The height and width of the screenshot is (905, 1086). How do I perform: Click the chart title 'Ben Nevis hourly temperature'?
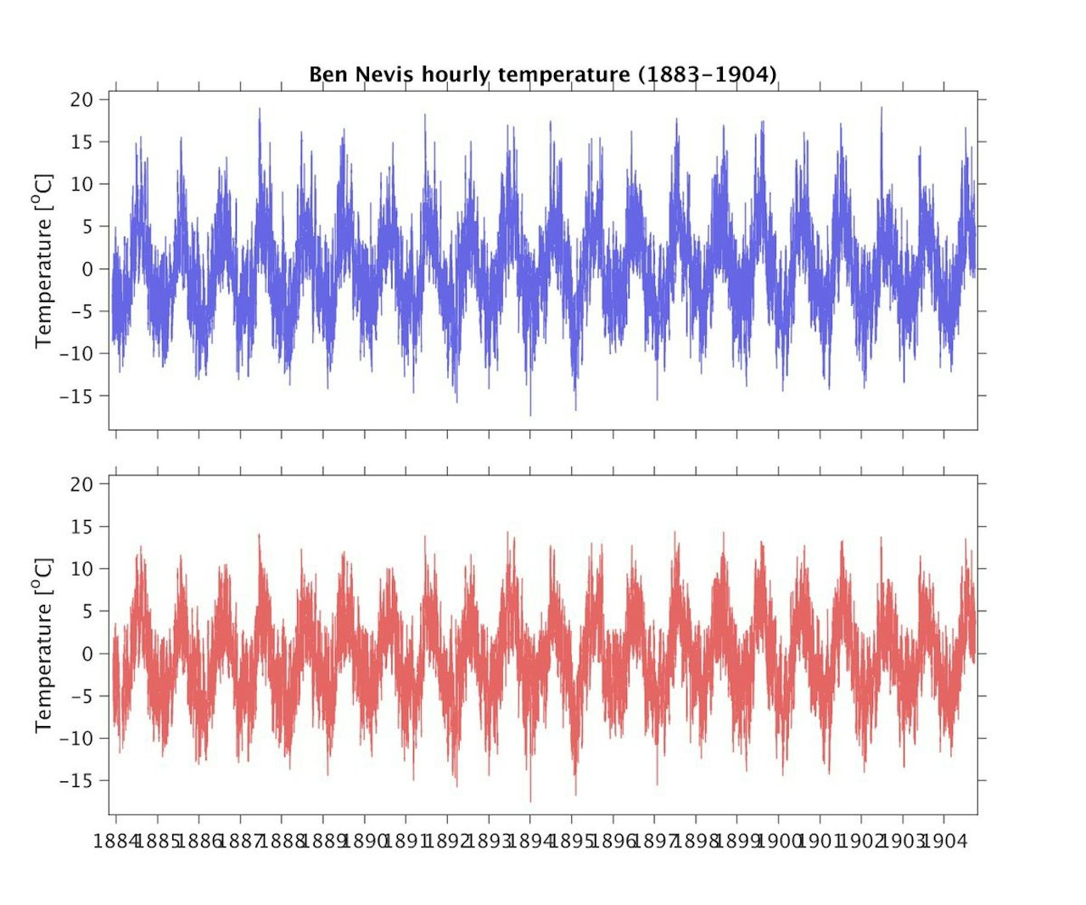470,75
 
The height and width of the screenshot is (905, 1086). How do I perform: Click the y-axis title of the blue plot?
43,260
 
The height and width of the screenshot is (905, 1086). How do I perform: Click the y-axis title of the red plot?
43,645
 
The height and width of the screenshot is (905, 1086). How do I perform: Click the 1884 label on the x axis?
116,841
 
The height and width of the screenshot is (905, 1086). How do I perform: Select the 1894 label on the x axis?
530,841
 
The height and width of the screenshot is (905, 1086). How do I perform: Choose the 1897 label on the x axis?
654,841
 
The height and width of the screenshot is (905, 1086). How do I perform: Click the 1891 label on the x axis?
406,841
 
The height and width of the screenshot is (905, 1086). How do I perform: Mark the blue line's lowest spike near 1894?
531,415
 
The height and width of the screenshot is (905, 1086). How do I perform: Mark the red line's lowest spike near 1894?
531,801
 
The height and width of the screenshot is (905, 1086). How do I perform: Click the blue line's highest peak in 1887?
260,109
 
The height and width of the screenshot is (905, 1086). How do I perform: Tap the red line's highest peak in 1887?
260,534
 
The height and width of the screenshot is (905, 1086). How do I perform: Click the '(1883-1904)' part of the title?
707,75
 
